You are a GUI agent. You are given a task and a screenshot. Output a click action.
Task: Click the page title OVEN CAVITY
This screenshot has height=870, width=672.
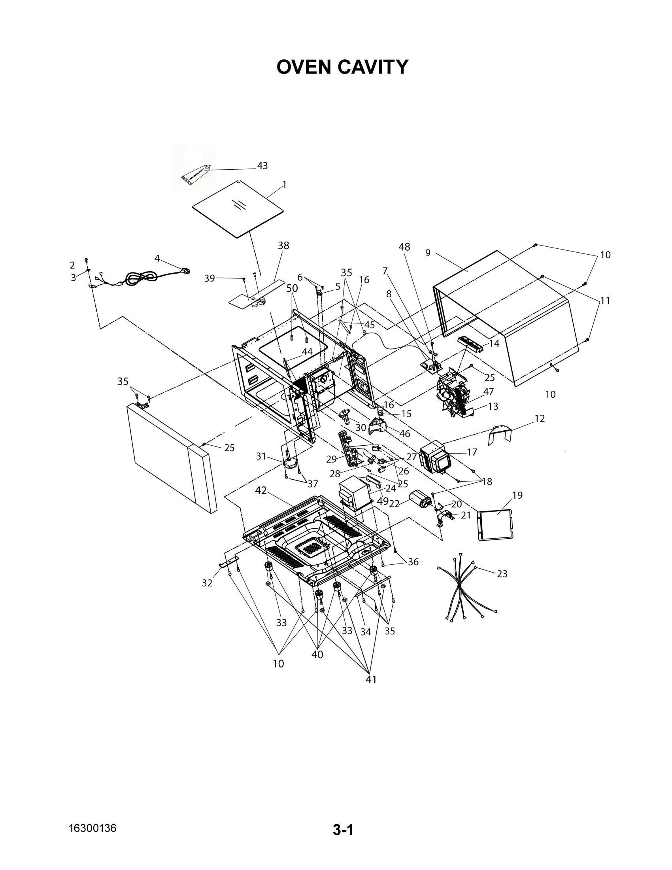[x=342, y=67]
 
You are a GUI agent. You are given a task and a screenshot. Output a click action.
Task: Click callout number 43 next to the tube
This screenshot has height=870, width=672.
[x=262, y=166]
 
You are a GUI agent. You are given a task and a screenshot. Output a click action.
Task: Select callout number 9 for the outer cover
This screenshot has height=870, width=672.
[x=428, y=253]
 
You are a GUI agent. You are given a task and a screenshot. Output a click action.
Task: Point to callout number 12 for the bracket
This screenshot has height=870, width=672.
[x=540, y=418]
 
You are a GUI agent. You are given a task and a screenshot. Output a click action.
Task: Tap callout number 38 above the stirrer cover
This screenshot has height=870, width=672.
[x=283, y=246]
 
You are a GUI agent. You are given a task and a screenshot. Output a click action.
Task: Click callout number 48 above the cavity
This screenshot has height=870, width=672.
[x=404, y=247]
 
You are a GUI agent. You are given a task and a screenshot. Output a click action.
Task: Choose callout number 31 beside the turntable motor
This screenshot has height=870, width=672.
[x=261, y=456]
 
